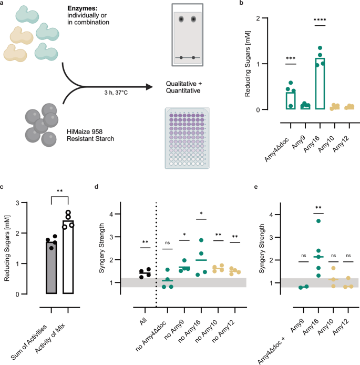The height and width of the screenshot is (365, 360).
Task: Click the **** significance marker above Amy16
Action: coord(320,21)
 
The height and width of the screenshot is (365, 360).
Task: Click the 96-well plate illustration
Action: coord(187,138)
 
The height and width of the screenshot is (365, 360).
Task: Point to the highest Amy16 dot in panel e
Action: coord(318,221)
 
